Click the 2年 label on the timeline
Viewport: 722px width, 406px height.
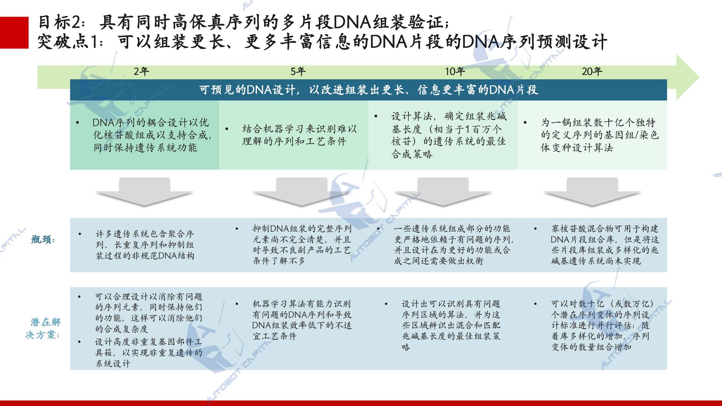tap(141, 71)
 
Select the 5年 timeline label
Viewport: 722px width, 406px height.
tap(298, 71)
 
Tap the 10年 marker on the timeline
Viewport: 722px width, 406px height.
tap(455, 71)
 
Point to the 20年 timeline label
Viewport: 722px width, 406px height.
tap(592, 71)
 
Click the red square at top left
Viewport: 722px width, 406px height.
tap(14, 33)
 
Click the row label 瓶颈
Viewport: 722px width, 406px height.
tap(43, 239)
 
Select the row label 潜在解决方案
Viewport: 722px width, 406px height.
tap(43, 328)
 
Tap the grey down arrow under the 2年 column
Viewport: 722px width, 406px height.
tap(145, 192)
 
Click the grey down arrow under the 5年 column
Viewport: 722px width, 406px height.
tap(302, 192)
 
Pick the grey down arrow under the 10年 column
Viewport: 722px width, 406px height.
tap(443, 192)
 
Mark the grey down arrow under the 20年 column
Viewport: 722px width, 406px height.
tap(592, 192)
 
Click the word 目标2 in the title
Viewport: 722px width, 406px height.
tap(59, 23)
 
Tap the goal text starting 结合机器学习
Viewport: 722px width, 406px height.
tap(299, 135)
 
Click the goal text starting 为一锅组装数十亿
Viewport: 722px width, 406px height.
tap(600, 135)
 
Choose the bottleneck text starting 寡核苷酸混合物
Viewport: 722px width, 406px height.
tap(605, 245)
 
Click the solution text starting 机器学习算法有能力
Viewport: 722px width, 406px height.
tap(302, 320)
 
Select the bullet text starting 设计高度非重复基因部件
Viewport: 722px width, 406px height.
tap(149, 353)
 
